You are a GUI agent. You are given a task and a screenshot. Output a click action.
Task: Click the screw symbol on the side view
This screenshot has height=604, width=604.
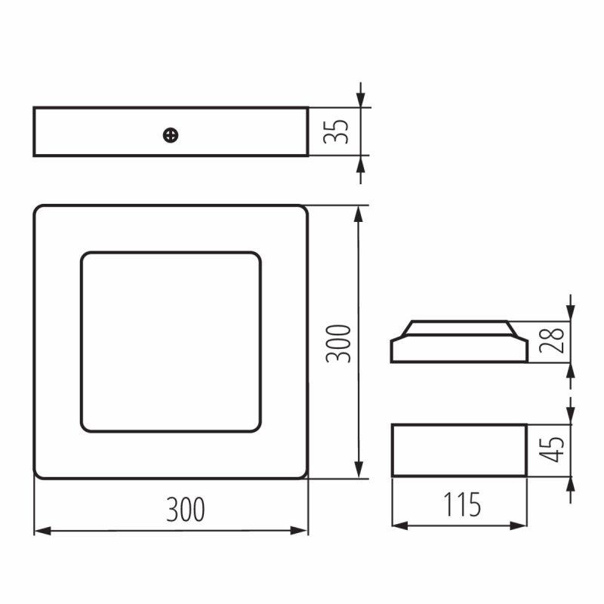(171, 135)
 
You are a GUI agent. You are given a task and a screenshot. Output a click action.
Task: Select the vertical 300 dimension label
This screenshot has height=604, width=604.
(338, 344)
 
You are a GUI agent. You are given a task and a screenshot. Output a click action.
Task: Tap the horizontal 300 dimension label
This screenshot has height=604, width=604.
(185, 509)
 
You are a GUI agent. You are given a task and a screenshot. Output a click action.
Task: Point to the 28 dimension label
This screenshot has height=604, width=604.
(552, 341)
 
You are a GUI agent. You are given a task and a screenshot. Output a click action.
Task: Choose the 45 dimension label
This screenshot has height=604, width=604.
(552, 449)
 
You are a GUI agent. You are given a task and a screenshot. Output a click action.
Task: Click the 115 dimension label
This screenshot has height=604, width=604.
(462, 504)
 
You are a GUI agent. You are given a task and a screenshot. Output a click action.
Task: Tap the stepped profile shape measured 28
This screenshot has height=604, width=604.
(459, 362)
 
